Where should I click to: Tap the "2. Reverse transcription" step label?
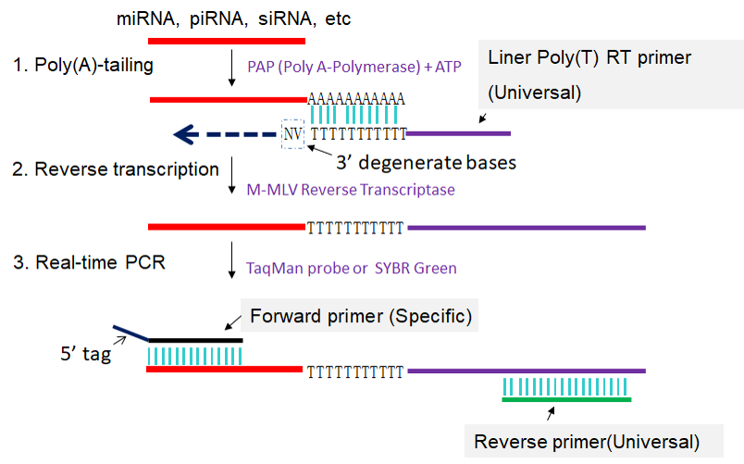click(115, 169)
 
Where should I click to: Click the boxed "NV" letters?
click(292, 134)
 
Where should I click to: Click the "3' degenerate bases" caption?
click(426, 162)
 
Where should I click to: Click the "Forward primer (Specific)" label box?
click(360, 317)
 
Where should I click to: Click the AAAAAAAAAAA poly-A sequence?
click(356, 98)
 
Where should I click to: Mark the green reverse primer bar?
click(565, 399)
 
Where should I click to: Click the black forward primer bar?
click(195, 340)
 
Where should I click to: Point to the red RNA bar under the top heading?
click(226, 41)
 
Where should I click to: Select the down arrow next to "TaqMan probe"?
click(231, 262)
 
